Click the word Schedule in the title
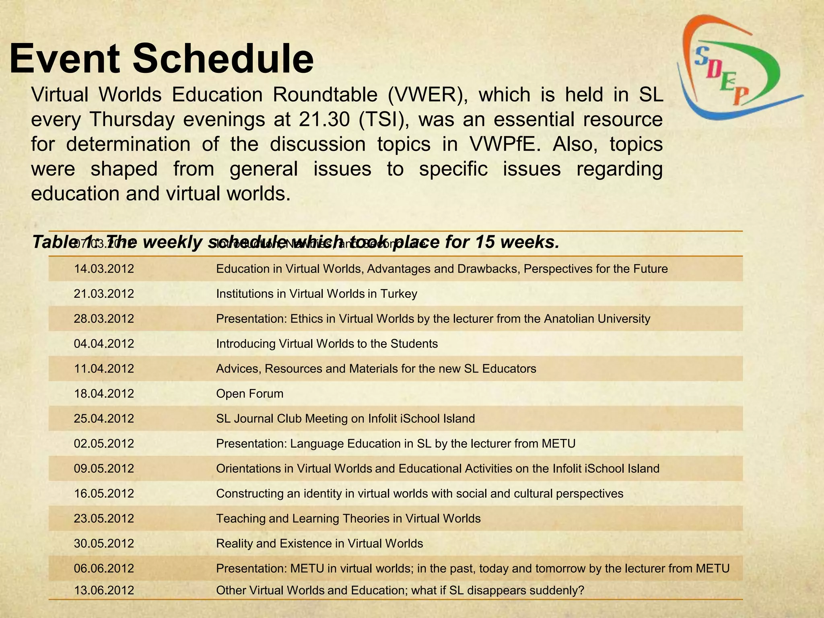click(x=223, y=59)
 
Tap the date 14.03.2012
click(x=104, y=269)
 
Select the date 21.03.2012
click(x=104, y=294)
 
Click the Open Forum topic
click(x=249, y=393)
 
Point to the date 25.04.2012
click(x=104, y=418)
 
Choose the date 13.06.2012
click(x=104, y=590)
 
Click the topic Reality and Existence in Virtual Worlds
click(x=319, y=544)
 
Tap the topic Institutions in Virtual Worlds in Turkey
click(x=316, y=294)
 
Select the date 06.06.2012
click(x=104, y=569)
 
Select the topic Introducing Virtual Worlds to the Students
click(x=327, y=344)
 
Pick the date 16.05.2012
click(x=104, y=493)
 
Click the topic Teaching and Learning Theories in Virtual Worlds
click(x=348, y=518)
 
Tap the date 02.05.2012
click(x=104, y=443)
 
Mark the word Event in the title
click(x=64, y=59)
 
